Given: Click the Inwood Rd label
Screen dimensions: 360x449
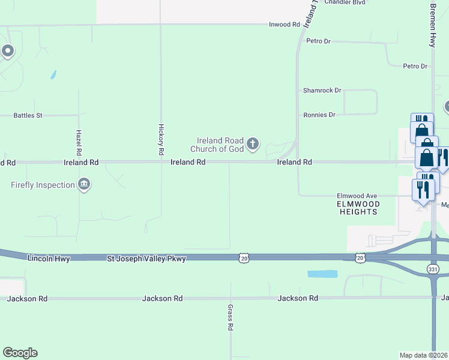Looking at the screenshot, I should pos(285,25).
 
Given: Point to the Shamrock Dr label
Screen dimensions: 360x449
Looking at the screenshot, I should pos(322,91).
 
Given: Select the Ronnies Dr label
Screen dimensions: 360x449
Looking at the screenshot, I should pos(319,115).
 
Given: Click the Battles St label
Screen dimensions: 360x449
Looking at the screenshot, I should pos(28,115).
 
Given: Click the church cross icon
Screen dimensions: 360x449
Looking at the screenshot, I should pos(253,143).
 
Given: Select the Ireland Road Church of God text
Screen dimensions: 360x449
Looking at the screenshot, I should pos(217,145).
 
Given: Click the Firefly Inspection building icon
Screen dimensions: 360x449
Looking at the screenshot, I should pos(85,184).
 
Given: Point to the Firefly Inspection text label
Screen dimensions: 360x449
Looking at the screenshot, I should pos(43,185).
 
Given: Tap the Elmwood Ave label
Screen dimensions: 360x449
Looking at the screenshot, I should pos(357,196).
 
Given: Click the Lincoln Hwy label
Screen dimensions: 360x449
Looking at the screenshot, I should pos(49,259).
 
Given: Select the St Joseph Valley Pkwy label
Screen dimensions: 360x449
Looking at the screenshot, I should pos(146,259).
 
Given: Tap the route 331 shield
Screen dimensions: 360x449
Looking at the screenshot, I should pos(433,270).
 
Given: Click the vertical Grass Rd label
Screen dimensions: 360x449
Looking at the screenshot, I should pos(230,317).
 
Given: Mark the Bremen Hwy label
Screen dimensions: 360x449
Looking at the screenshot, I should pos(432,26).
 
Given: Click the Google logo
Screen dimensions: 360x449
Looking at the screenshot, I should pos(20,353).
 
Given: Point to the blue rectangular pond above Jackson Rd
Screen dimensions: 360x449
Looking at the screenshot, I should pos(322,274).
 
